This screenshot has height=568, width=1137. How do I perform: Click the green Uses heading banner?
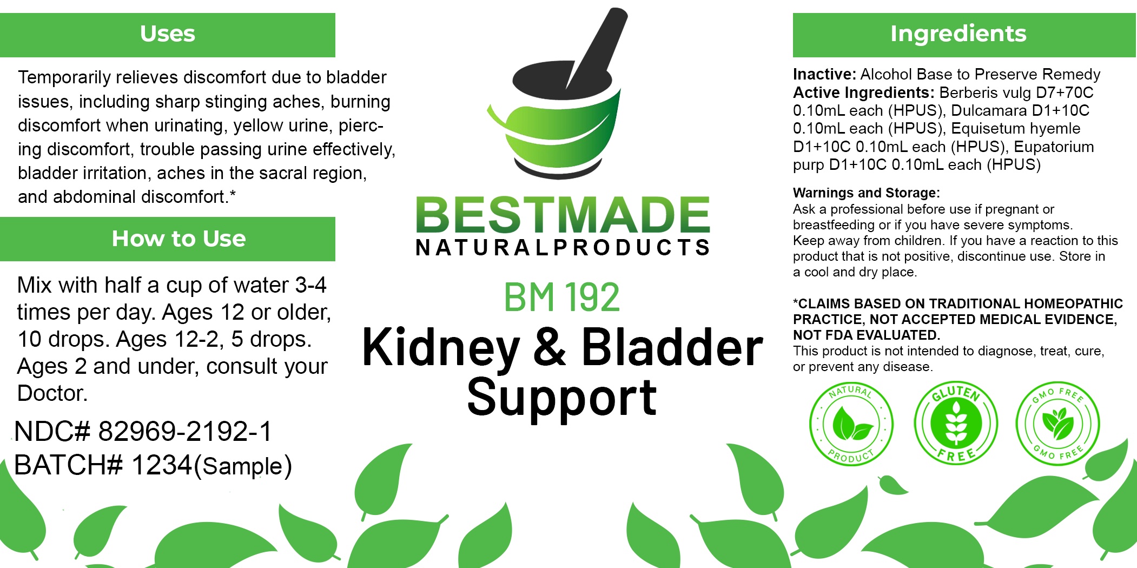click(x=168, y=35)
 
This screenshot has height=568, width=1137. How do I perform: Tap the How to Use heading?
click(x=179, y=239)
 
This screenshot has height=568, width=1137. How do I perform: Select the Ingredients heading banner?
click(x=964, y=35)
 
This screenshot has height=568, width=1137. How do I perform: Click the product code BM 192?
click(x=561, y=297)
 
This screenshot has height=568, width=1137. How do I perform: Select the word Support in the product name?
click(x=562, y=398)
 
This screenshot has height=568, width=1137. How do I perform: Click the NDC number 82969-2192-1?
click(x=184, y=431)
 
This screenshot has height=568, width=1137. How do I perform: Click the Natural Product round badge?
click(x=851, y=424)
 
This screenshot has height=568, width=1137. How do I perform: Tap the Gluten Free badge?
click(x=956, y=422)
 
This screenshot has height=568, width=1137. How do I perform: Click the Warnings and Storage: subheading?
click(x=867, y=193)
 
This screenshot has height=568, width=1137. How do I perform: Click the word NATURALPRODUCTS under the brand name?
click(x=563, y=247)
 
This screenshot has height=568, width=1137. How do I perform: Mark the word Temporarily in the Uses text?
click(x=64, y=78)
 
